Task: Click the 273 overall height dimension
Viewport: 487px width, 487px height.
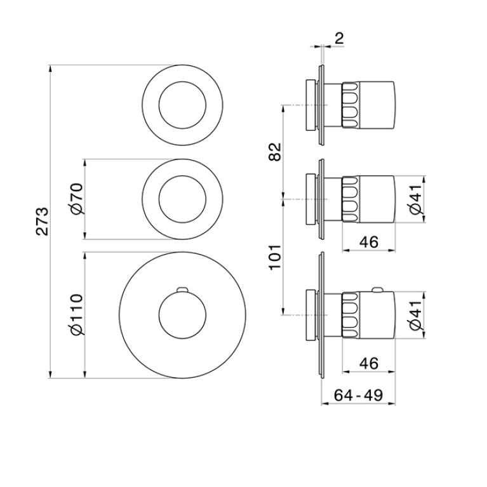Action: tap(42, 221)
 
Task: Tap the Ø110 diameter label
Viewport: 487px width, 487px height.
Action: tap(77, 314)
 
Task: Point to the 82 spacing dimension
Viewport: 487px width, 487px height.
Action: tap(274, 151)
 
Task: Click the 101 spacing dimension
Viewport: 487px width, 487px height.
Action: tap(274, 258)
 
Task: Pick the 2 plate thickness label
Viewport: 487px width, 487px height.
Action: tap(340, 39)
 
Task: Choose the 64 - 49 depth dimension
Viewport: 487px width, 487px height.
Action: tap(358, 395)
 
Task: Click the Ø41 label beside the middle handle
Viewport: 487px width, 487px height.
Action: tap(416, 199)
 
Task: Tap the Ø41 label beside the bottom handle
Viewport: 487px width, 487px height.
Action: tap(416, 315)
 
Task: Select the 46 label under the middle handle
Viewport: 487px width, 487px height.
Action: tap(369, 242)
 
